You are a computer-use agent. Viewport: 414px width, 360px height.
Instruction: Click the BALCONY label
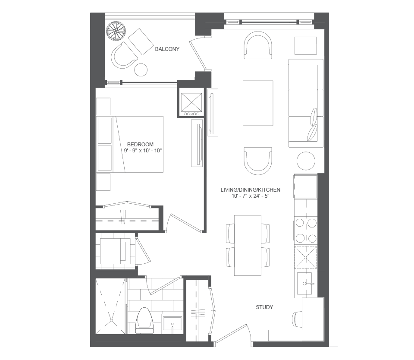[167, 49]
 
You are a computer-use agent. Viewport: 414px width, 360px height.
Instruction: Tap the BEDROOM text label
[140, 144]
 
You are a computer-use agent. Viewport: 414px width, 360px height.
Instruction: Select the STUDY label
[264, 307]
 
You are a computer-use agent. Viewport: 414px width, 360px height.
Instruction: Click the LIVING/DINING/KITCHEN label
[250, 190]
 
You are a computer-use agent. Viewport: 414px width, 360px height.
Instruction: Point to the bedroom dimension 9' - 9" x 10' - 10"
[143, 151]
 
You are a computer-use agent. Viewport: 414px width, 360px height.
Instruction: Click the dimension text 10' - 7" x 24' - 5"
[250, 196]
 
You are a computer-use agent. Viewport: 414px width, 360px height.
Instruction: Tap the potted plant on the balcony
[116, 31]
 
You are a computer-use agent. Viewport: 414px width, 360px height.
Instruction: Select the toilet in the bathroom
[144, 320]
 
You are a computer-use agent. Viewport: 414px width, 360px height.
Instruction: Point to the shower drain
[111, 320]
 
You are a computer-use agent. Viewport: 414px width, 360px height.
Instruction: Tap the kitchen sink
[304, 283]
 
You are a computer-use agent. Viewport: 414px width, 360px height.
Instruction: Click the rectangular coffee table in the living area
[258, 103]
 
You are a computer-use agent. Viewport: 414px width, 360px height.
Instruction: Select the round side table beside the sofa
[306, 161]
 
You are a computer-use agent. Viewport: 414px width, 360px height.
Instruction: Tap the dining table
[248, 246]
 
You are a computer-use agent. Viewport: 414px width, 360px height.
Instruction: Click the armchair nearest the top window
[258, 45]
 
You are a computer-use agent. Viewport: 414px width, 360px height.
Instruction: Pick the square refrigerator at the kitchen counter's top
[305, 186]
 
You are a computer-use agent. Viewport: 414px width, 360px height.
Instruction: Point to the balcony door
[198, 54]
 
